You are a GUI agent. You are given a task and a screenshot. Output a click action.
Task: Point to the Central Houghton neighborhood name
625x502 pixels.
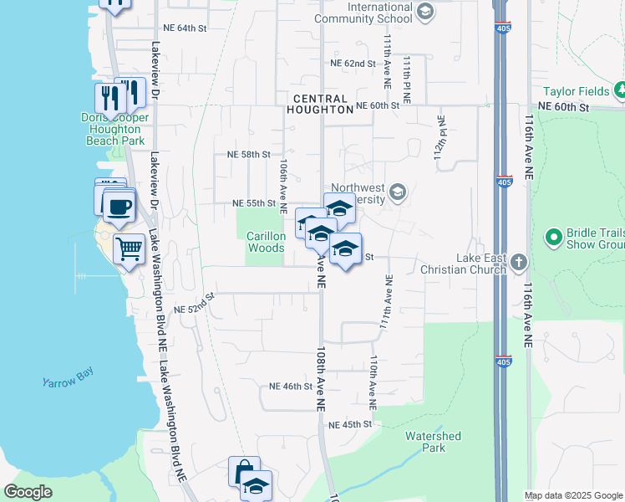click(319, 104)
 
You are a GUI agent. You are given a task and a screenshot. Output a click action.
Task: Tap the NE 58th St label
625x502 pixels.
click(249, 154)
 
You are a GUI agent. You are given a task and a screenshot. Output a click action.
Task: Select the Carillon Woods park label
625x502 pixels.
click(266, 242)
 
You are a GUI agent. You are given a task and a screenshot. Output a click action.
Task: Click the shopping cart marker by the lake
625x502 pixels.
click(129, 248)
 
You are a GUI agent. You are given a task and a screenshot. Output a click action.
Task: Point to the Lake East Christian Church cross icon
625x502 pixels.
click(519, 263)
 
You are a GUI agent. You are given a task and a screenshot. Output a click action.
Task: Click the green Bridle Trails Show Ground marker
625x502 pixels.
click(552, 238)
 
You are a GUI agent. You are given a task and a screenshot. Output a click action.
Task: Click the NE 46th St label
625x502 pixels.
click(291, 387)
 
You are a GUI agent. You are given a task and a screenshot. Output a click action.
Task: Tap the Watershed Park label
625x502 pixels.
click(433, 442)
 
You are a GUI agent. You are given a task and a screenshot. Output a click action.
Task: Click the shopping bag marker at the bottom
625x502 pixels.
click(243, 472)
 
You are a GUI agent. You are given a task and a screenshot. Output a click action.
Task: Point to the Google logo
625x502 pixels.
click(28, 492)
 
